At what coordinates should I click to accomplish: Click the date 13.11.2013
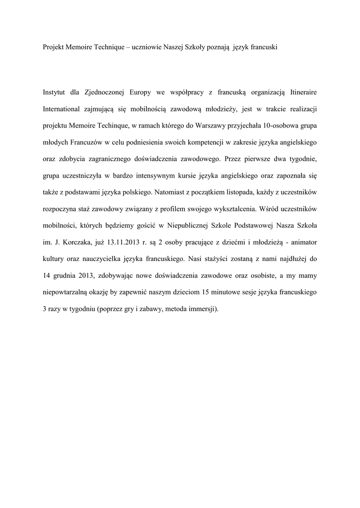pos(130,243)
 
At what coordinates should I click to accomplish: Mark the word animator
pos(299,243)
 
